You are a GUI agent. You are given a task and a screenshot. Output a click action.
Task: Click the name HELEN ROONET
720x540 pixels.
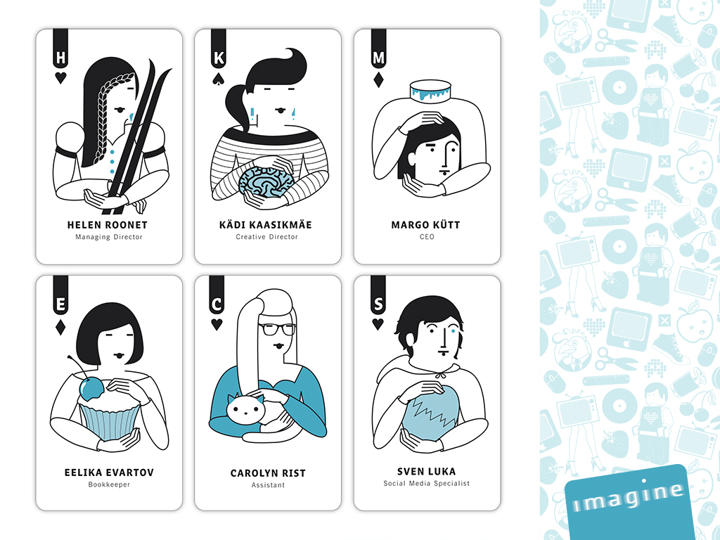[x=107, y=225]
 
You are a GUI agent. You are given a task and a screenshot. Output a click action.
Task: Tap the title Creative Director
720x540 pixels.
[x=266, y=237]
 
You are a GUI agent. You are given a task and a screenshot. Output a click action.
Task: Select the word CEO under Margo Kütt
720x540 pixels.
[x=427, y=237]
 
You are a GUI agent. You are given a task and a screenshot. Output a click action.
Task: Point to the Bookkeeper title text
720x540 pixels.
[x=109, y=484]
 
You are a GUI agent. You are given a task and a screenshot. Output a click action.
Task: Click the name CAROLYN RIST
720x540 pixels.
[x=268, y=473]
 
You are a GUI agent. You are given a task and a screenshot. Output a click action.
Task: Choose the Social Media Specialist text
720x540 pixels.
[x=427, y=483]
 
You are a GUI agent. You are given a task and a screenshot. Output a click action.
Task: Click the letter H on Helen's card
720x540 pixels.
[x=60, y=58]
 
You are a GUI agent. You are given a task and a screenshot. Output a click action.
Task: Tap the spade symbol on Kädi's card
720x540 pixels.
[x=219, y=79]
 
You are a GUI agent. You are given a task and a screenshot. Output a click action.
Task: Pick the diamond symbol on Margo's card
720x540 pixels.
[x=378, y=80]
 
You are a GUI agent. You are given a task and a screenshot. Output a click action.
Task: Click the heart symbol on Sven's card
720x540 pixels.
[x=378, y=323]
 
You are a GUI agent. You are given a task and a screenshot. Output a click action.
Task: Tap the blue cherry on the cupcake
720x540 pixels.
[x=92, y=388]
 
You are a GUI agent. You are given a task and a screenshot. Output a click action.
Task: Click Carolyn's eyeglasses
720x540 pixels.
[x=277, y=329]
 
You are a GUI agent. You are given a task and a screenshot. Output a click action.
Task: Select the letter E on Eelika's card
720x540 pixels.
[x=60, y=304]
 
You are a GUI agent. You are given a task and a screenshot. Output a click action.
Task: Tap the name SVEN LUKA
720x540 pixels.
[x=427, y=471]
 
